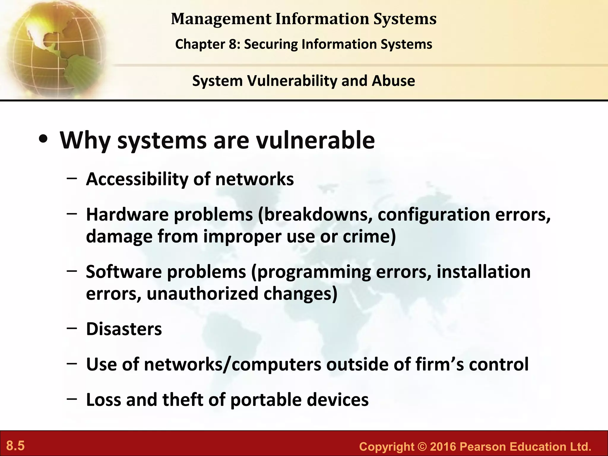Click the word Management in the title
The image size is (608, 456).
pos(221,19)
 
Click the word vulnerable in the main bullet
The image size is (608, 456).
pos(315,140)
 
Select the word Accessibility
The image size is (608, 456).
pos(137,179)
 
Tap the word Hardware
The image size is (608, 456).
pos(127,214)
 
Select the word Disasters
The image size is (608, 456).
pos(124,329)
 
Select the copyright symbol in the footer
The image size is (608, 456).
pos(422,447)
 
